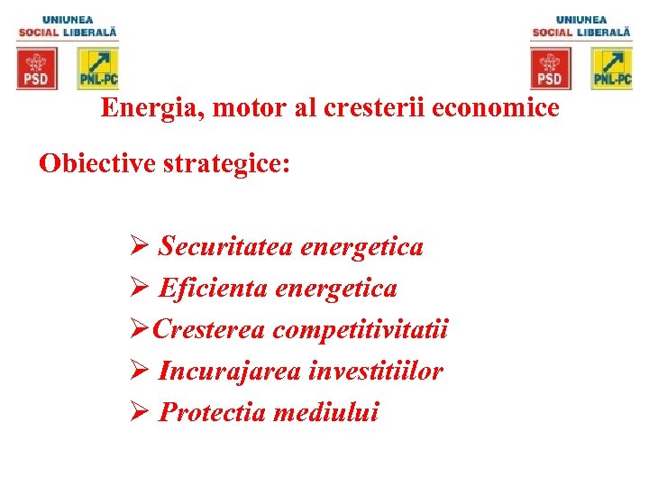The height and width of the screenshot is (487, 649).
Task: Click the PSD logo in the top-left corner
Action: (x=37, y=69)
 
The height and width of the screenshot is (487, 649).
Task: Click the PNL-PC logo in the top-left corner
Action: (x=98, y=69)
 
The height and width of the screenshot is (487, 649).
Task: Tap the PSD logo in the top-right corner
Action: (x=551, y=69)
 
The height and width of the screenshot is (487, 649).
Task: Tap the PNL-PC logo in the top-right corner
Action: (x=612, y=69)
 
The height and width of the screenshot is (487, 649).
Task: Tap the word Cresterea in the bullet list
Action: (x=209, y=330)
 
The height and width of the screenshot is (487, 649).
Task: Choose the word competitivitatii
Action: (x=361, y=330)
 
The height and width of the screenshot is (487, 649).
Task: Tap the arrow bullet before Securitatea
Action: (x=140, y=246)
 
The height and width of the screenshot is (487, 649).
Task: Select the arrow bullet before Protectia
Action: (x=140, y=413)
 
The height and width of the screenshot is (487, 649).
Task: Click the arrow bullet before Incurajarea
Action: (x=140, y=372)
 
